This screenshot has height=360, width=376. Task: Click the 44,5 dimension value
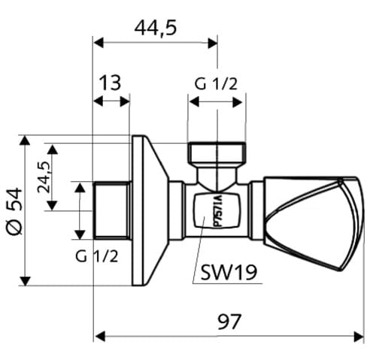pyautogui.click(x=156, y=28)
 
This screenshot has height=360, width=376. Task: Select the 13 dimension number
pyautogui.click(x=111, y=83)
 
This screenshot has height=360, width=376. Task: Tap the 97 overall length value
pyautogui.click(x=229, y=322)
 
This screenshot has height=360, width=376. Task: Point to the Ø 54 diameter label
pyautogui.click(x=14, y=211)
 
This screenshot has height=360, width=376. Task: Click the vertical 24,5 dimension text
pyautogui.click(x=44, y=177)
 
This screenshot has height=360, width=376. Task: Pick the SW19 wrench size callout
pyautogui.click(x=229, y=273)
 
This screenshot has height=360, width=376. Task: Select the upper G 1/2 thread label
pyautogui.click(x=216, y=83)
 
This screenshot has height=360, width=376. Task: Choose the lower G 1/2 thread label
pyautogui.click(x=97, y=256)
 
